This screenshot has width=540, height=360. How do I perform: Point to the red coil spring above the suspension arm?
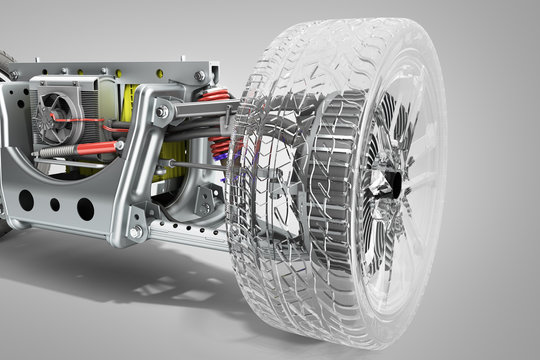(213, 96)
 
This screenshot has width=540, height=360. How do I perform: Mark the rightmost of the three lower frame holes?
(85, 209)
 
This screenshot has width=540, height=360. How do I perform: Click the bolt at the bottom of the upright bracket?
(135, 232)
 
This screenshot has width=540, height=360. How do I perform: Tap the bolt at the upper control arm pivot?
(162, 112)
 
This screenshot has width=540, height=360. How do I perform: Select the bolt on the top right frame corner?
(200, 75)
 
